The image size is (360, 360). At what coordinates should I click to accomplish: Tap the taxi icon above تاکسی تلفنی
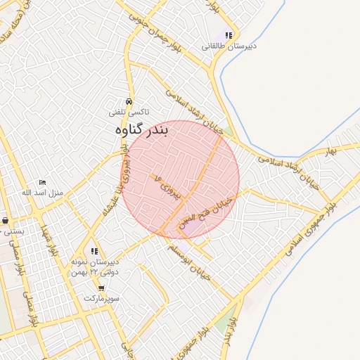128,101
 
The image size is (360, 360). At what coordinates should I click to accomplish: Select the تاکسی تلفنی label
128,112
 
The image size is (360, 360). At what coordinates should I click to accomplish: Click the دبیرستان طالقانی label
229,46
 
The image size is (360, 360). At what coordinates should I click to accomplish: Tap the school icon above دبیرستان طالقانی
229,35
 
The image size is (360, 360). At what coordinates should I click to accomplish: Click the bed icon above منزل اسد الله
42,183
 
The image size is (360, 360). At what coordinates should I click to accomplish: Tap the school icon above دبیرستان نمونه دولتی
95,252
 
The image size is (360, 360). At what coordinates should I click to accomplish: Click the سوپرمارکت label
102,298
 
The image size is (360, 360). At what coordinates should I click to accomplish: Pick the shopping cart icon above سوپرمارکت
102,288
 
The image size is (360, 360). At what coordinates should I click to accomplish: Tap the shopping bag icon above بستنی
6,220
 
